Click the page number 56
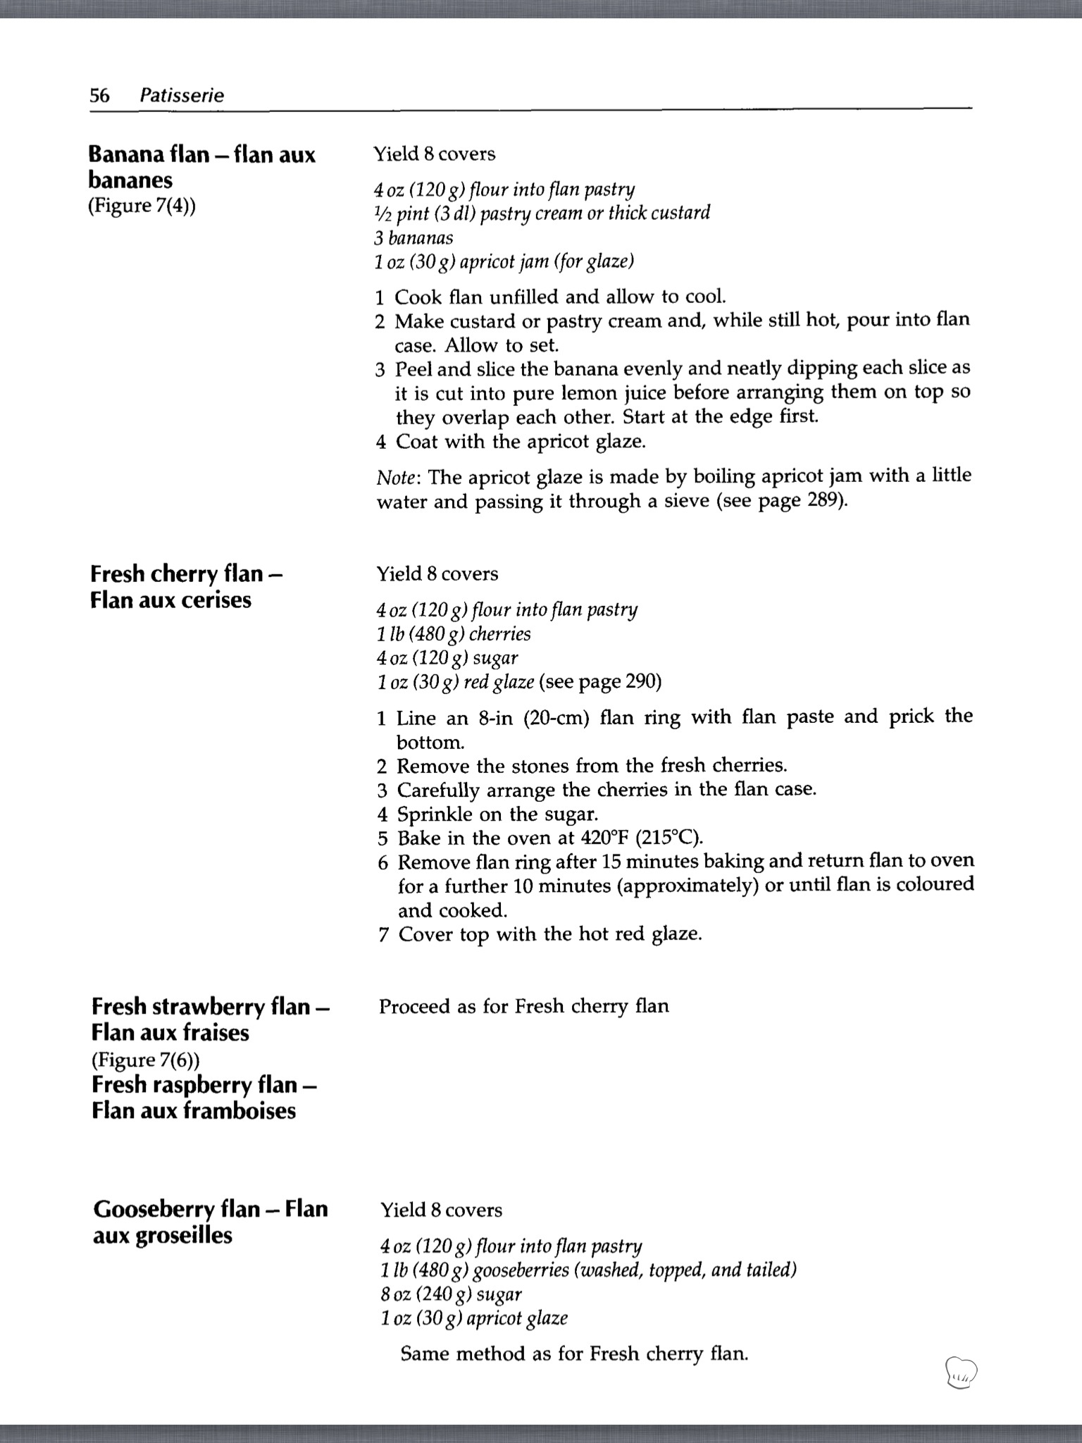pos(99,95)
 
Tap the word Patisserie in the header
pos(182,95)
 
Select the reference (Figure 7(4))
pos(142,206)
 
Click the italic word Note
pos(397,478)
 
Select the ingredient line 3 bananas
pos(413,237)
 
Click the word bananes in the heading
pos(130,180)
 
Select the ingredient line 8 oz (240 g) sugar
pos(451,1294)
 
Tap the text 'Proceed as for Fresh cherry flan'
pos(523,1005)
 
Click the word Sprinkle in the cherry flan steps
pos(435,815)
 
